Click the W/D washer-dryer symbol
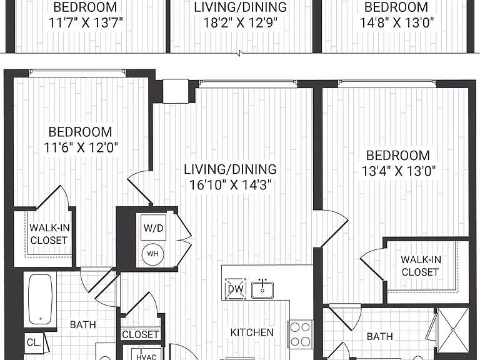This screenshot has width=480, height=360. (x=153, y=227)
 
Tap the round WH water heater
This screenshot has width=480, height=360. (x=152, y=254)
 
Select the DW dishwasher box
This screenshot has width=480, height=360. (x=236, y=288)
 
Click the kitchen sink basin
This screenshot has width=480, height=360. (x=262, y=290)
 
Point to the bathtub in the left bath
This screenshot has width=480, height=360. (x=41, y=299)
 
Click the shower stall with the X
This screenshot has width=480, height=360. (x=453, y=330)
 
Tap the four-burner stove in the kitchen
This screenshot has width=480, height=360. (x=300, y=334)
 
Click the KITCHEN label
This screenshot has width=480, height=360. (x=252, y=332)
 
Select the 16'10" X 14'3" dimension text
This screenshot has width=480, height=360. (x=230, y=185)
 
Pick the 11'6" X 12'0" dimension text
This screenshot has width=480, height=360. (x=81, y=147)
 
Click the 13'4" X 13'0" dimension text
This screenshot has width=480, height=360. (x=398, y=171)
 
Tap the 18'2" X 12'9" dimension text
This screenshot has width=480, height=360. (x=240, y=22)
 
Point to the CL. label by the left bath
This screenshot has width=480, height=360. (x=34, y=342)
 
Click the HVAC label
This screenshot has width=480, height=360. (x=146, y=357)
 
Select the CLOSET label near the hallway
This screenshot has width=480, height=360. (x=141, y=334)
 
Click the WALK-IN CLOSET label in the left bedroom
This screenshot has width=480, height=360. (x=49, y=234)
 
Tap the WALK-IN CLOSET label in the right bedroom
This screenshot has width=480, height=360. (x=421, y=266)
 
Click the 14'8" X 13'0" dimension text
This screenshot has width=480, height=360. (x=397, y=22)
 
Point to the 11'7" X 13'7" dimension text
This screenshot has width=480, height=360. (x=86, y=22)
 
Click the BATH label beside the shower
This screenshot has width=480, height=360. (x=379, y=337)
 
